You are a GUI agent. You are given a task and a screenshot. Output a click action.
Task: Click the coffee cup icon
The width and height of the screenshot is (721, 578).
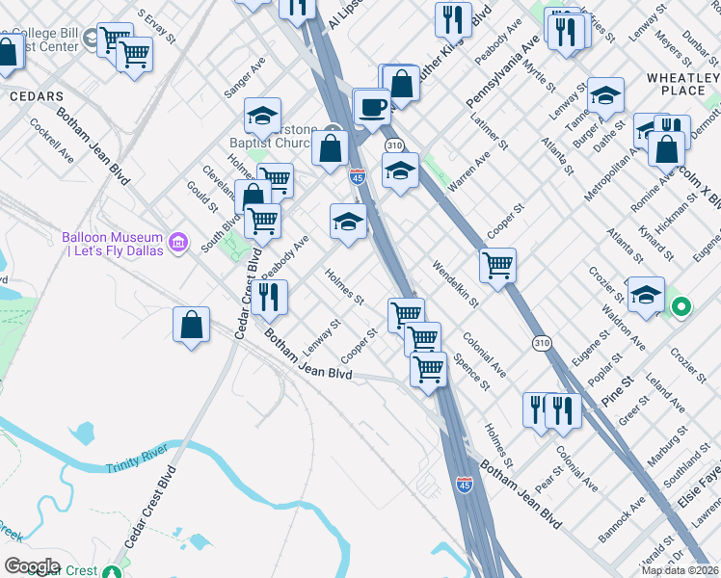coord(372,108)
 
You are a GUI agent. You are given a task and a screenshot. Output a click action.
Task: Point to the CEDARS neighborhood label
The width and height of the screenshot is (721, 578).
coord(36,96)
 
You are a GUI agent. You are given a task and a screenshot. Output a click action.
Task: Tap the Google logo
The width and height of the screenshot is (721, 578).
coord(32,565)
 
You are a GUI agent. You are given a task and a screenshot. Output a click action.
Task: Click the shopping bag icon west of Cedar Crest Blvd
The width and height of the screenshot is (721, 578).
coord(192,326)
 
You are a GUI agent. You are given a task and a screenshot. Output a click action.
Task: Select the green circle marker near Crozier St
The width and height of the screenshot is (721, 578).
coord(681,308)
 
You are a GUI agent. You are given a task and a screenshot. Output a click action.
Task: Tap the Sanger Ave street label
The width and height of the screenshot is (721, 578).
coord(244,76)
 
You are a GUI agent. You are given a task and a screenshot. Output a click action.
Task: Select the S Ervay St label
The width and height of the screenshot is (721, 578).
coord(157,28)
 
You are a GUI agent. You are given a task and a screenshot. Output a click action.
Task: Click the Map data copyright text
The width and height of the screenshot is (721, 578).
coord(681,570)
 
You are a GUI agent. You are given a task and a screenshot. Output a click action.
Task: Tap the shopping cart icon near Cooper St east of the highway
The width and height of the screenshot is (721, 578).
coord(497,264)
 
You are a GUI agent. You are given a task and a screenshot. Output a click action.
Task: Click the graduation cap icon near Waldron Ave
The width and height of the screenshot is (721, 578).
coord(645,295)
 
